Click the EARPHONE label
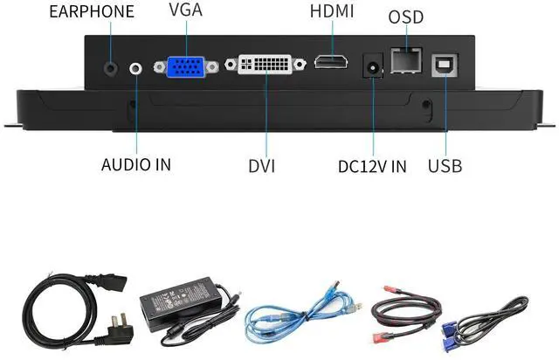(x=92, y=11)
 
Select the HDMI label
(x=332, y=11)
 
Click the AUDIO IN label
(x=136, y=164)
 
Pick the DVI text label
(x=261, y=164)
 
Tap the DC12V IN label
(x=372, y=165)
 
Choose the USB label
(x=445, y=165)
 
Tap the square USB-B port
(x=443, y=64)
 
